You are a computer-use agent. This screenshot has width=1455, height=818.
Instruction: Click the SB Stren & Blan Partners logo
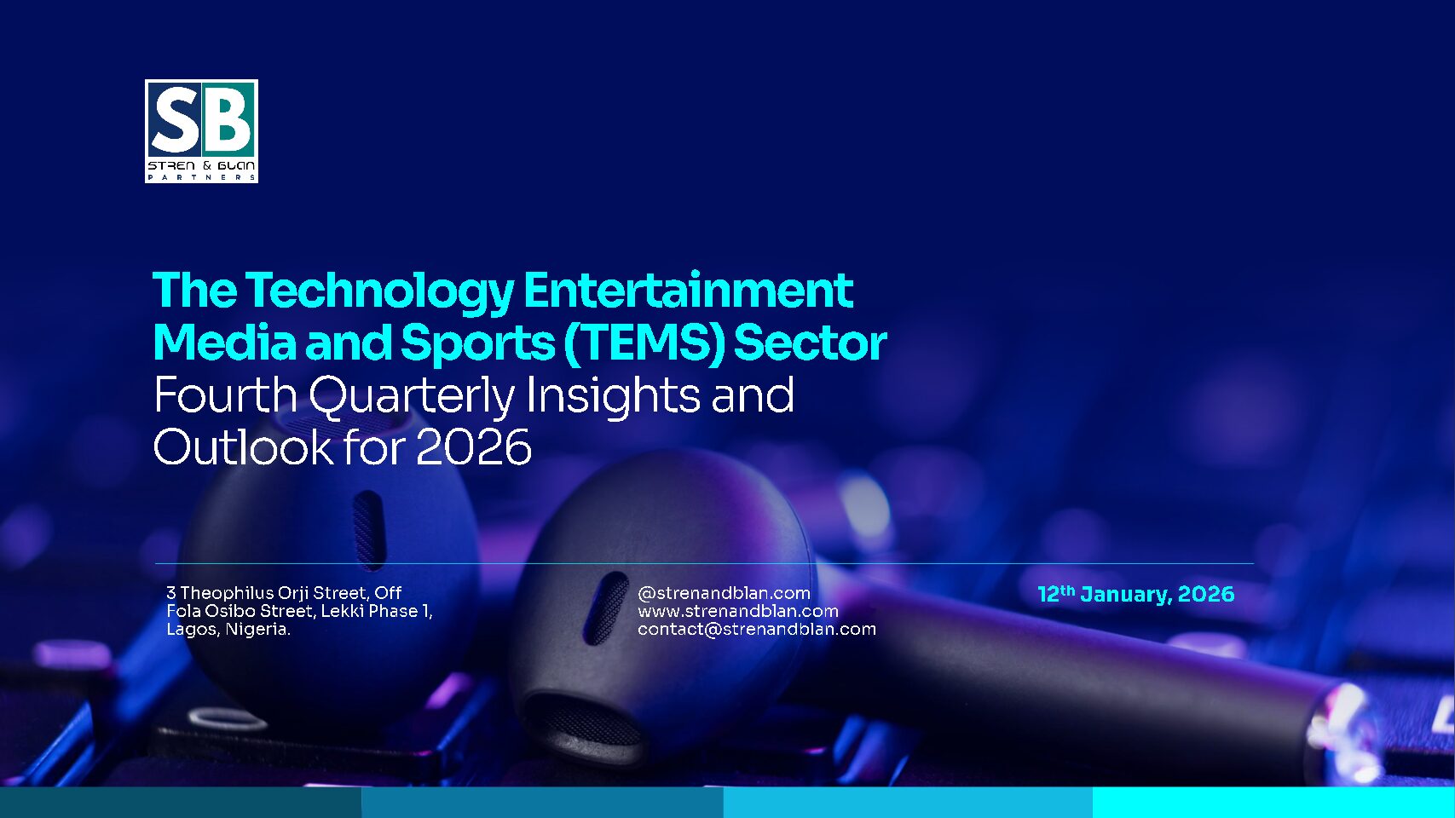click(x=201, y=131)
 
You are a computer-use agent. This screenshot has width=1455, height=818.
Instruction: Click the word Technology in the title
click(x=379, y=291)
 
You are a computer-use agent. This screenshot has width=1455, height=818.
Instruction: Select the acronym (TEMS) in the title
click(x=644, y=343)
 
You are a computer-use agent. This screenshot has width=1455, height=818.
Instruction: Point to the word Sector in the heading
click(x=810, y=343)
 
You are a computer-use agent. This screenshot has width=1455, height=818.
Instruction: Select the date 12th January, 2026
click(x=1136, y=594)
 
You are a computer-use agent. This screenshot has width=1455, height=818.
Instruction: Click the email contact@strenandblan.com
click(x=757, y=629)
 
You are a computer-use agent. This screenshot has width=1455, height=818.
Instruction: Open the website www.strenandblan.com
click(x=738, y=611)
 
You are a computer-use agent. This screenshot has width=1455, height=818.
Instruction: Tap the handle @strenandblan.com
click(x=724, y=593)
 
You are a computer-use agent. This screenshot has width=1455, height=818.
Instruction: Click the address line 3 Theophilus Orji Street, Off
click(x=284, y=593)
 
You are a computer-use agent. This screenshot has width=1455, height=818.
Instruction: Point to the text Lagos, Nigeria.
click(x=228, y=629)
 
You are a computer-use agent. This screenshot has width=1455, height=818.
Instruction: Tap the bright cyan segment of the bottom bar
click(x=1273, y=803)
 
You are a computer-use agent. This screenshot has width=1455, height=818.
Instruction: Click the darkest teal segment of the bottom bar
click(x=181, y=803)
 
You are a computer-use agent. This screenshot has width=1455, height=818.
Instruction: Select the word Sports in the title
click(x=477, y=343)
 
